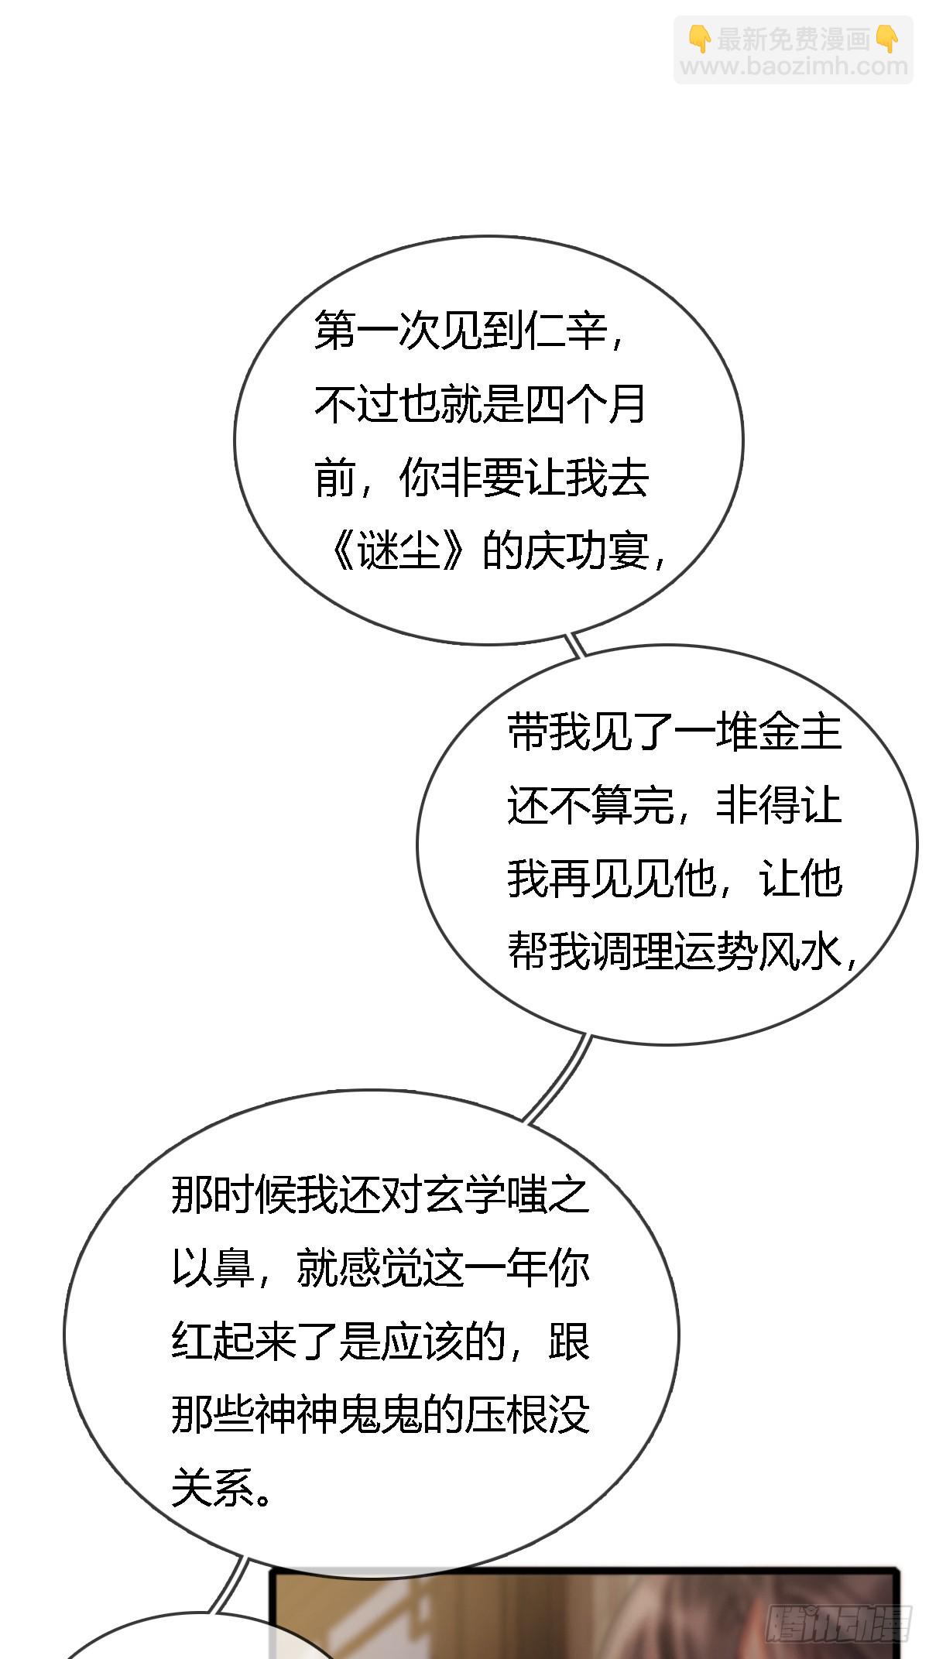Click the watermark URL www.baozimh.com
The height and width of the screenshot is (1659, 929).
click(x=794, y=67)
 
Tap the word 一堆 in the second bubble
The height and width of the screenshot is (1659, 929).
click(x=716, y=732)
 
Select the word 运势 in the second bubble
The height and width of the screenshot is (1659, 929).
click(x=716, y=951)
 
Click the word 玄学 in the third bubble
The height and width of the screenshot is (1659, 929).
click(x=464, y=1197)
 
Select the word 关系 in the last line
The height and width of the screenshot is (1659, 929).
click(x=213, y=1488)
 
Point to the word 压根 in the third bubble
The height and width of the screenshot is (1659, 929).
click(x=506, y=1415)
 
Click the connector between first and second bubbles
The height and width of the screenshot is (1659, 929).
click(x=576, y=645)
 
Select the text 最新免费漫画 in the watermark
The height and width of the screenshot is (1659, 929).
click(x=794, y=39)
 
